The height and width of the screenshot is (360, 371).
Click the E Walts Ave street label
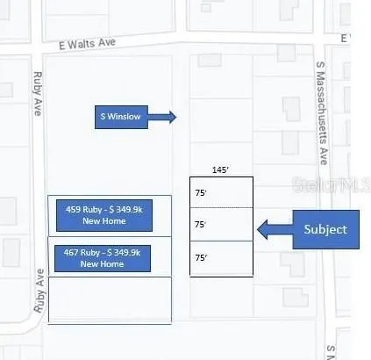[87, 44]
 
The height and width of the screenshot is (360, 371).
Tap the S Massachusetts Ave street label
[321, 113]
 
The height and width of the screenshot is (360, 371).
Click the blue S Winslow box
[121, 117]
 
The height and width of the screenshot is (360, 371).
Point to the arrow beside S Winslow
[162, 117]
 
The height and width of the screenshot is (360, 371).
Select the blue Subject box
[326, 229]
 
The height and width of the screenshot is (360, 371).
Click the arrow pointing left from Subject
[275, 229]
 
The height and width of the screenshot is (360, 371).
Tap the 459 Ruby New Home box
[104, 215]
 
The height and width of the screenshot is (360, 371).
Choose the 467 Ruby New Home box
[103, 258]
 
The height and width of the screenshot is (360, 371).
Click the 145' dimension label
[220, 170]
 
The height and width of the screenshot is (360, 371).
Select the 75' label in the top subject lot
[201, 193]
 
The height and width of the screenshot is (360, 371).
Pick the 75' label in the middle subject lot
[201, 225]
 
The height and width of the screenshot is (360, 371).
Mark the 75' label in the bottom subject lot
[201, 257]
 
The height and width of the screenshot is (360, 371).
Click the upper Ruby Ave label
[38, 93]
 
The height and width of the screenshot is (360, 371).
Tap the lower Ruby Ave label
[39, 291]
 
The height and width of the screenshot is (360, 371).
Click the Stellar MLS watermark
[332, 184]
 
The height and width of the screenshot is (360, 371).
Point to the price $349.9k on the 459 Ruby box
[125, 210]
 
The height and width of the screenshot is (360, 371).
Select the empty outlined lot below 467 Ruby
[110, 300]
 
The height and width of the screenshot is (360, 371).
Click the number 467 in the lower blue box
[71, 252]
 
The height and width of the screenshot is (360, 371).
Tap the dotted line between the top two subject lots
[221, 208]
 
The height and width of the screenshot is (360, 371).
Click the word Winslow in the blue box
[124, 117]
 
